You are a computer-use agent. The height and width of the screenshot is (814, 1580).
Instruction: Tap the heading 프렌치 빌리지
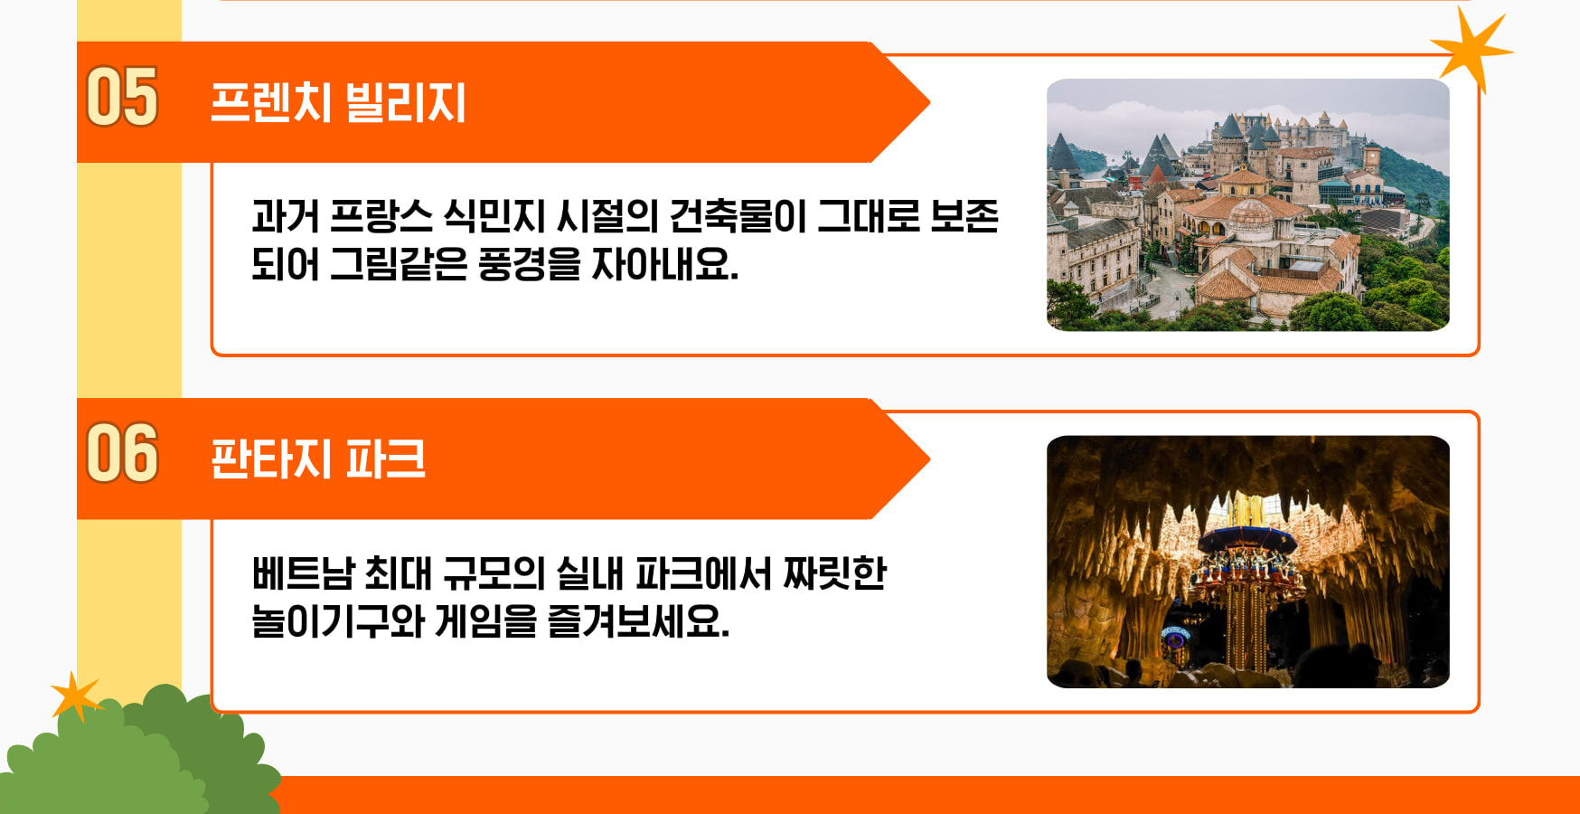338,102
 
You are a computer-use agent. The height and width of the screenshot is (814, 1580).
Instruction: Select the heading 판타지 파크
317,459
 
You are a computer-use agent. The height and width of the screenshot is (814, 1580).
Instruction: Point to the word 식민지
494,216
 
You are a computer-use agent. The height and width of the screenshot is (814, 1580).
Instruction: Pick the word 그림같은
398,264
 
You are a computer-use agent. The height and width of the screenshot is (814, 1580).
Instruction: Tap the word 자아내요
664,264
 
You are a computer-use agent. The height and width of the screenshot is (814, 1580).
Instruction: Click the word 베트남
303,573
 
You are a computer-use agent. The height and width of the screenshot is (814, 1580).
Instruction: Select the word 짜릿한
834,573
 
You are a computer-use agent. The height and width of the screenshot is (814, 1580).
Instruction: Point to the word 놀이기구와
338,621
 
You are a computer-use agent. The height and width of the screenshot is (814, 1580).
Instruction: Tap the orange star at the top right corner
1469,50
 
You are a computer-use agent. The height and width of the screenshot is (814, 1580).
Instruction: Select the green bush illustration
140,755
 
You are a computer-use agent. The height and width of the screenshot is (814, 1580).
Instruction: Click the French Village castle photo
1248,204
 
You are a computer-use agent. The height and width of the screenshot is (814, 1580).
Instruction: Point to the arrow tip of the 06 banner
930,459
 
